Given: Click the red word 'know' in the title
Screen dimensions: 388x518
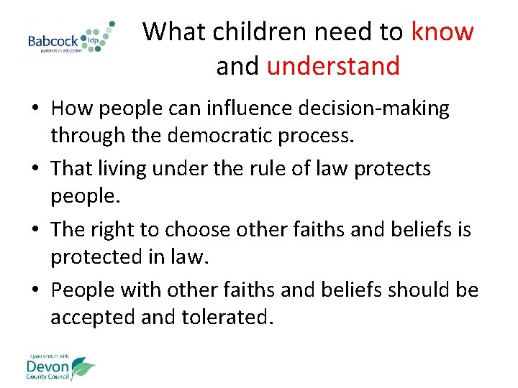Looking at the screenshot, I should point(442,32).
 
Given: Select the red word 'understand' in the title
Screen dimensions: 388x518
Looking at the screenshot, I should point(333,66).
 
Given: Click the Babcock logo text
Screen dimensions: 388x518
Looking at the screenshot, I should point(53,42).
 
